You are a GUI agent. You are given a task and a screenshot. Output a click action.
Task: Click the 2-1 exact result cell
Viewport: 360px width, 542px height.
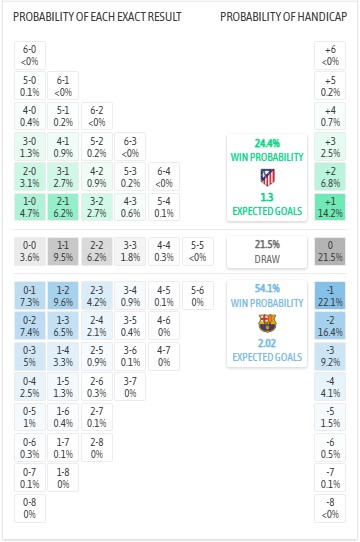click(x=62, y=207)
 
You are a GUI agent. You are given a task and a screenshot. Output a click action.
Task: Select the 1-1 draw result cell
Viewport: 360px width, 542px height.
click(x=62, y=250)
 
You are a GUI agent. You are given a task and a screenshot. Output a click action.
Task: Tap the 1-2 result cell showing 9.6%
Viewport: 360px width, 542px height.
click(x=62, y=295)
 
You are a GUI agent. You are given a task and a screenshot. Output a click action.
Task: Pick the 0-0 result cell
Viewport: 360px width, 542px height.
click(x=30, y=250)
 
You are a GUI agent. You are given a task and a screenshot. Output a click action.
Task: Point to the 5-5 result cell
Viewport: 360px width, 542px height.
click(x=198, y=250)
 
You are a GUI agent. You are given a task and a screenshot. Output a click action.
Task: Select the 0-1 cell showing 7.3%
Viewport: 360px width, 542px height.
click(x=30, y=295)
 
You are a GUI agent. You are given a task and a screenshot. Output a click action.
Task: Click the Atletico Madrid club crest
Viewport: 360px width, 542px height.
click(x=267, y=177)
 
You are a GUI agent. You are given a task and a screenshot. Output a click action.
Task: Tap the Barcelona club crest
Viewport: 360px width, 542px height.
click(x=267, y=322)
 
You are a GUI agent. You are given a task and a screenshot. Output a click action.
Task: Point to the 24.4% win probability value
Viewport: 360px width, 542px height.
click(x=267, y=143)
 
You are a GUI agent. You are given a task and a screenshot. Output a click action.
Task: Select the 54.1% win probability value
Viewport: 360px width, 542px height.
click(x=267, y=287)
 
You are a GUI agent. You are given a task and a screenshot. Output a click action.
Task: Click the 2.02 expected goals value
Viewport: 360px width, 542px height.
click(x=267, y=342)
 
